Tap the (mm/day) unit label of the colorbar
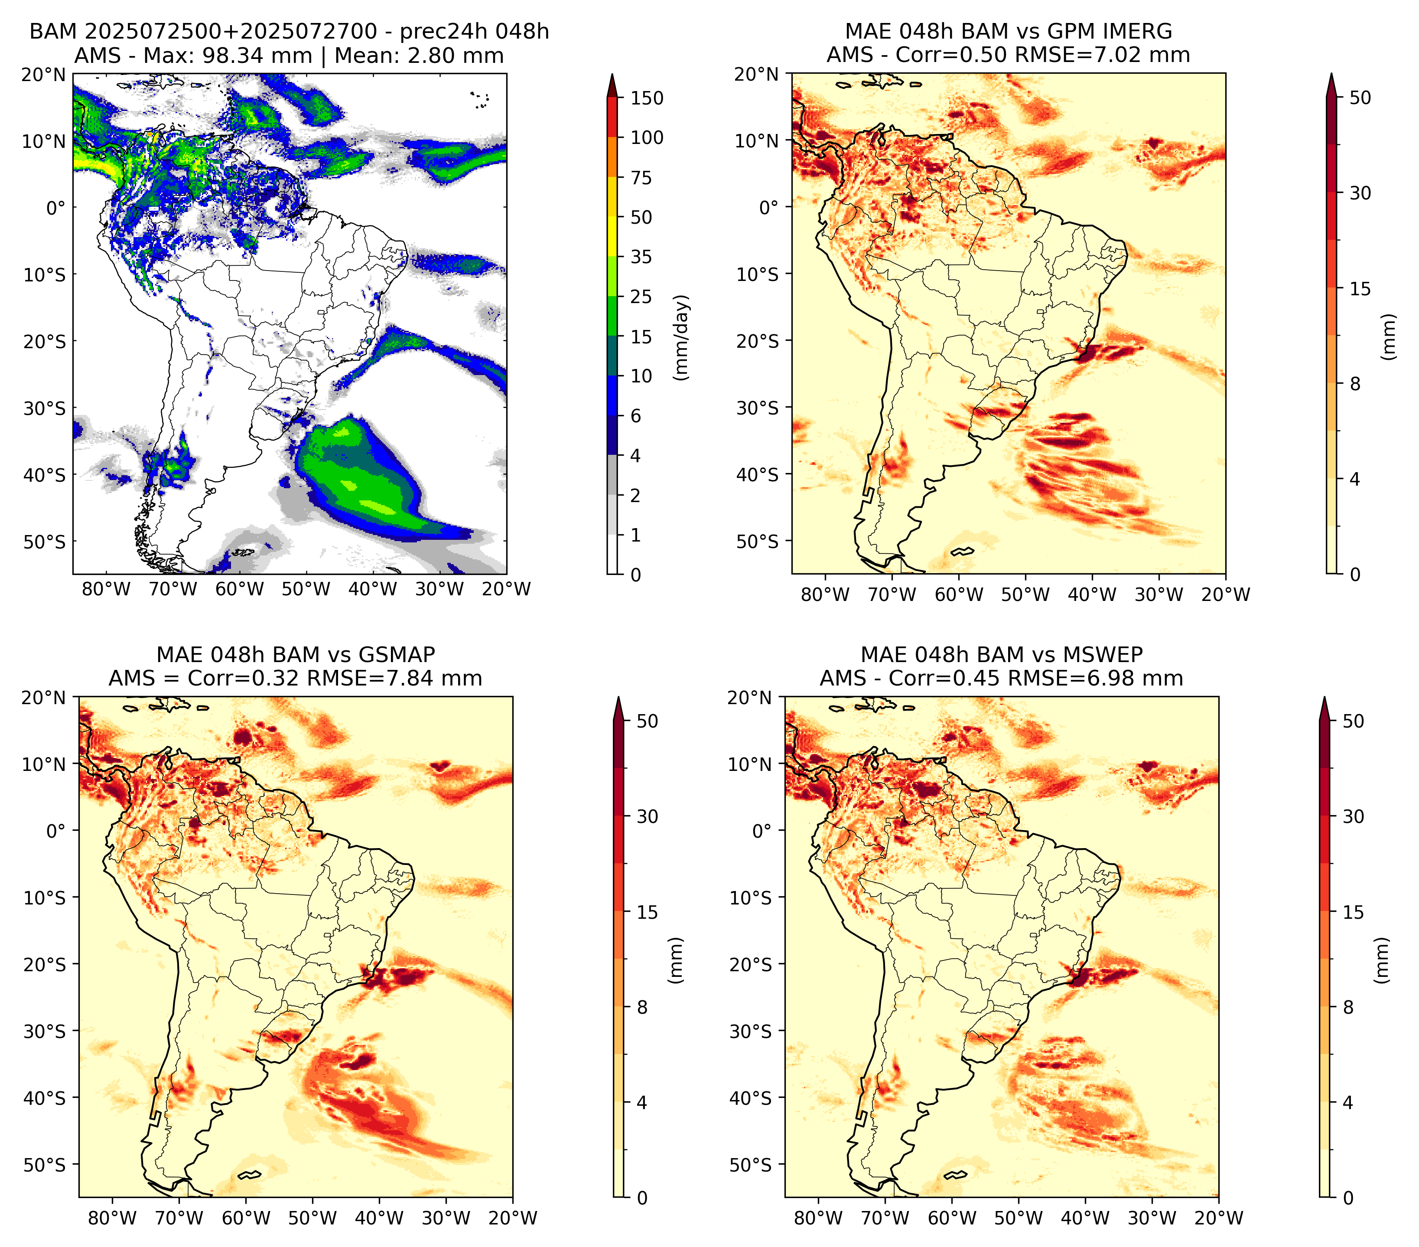point(683,337)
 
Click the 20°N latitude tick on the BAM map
point(44,74)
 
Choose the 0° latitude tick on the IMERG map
point(769,207)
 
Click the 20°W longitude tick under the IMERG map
point(1225,594)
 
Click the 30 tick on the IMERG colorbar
point(1360,193)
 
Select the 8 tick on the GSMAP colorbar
point(642,1008)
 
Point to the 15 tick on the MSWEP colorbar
point(1353,912)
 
